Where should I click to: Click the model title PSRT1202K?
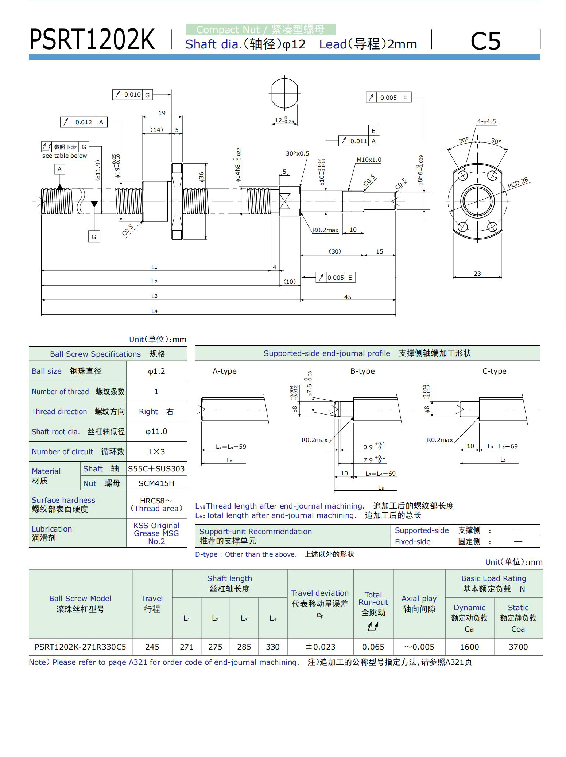pyautogui.click(x=92, y=39)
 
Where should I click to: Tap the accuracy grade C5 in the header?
pyautogui.click(x=485, y=40)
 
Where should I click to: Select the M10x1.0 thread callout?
pyautogui.click(x=369, y=160)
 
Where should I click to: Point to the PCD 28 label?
pyautogui.click(x=518, y=183)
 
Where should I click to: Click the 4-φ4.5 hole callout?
pyautogui.click(x=486, y=122)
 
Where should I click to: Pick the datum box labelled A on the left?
pyautogui.click(x=59, y=169)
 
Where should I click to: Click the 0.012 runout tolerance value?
pyautogui.click(x=84, y=122)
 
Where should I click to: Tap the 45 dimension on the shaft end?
pyautogui.click(x=348, y=297)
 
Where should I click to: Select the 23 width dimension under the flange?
pyautogui.click(x=477, y=274)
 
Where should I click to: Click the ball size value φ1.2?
pyautogui.click(x=156, y=371)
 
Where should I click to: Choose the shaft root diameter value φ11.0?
pyautogui.click(x=156, y=432)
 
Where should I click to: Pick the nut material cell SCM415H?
pyautogui.click(x=156, y=483)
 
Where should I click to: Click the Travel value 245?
pyautogui.click(x=152, y=647)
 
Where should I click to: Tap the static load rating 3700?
pyautogui.click(x=518, y=647)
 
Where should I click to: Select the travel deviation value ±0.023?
pyautogui.click(x=320, y=647)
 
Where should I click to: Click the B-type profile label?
pyautogui.click(x=363, y=371)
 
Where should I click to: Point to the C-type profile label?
pyautogui.click(x=494, y=371)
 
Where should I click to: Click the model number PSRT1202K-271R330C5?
pyautogui.click(x=80, y=647)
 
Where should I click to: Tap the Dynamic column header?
pyautogui.click(x=469, y=608)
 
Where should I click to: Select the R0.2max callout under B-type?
pyautogui.click(x=314, y=440)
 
